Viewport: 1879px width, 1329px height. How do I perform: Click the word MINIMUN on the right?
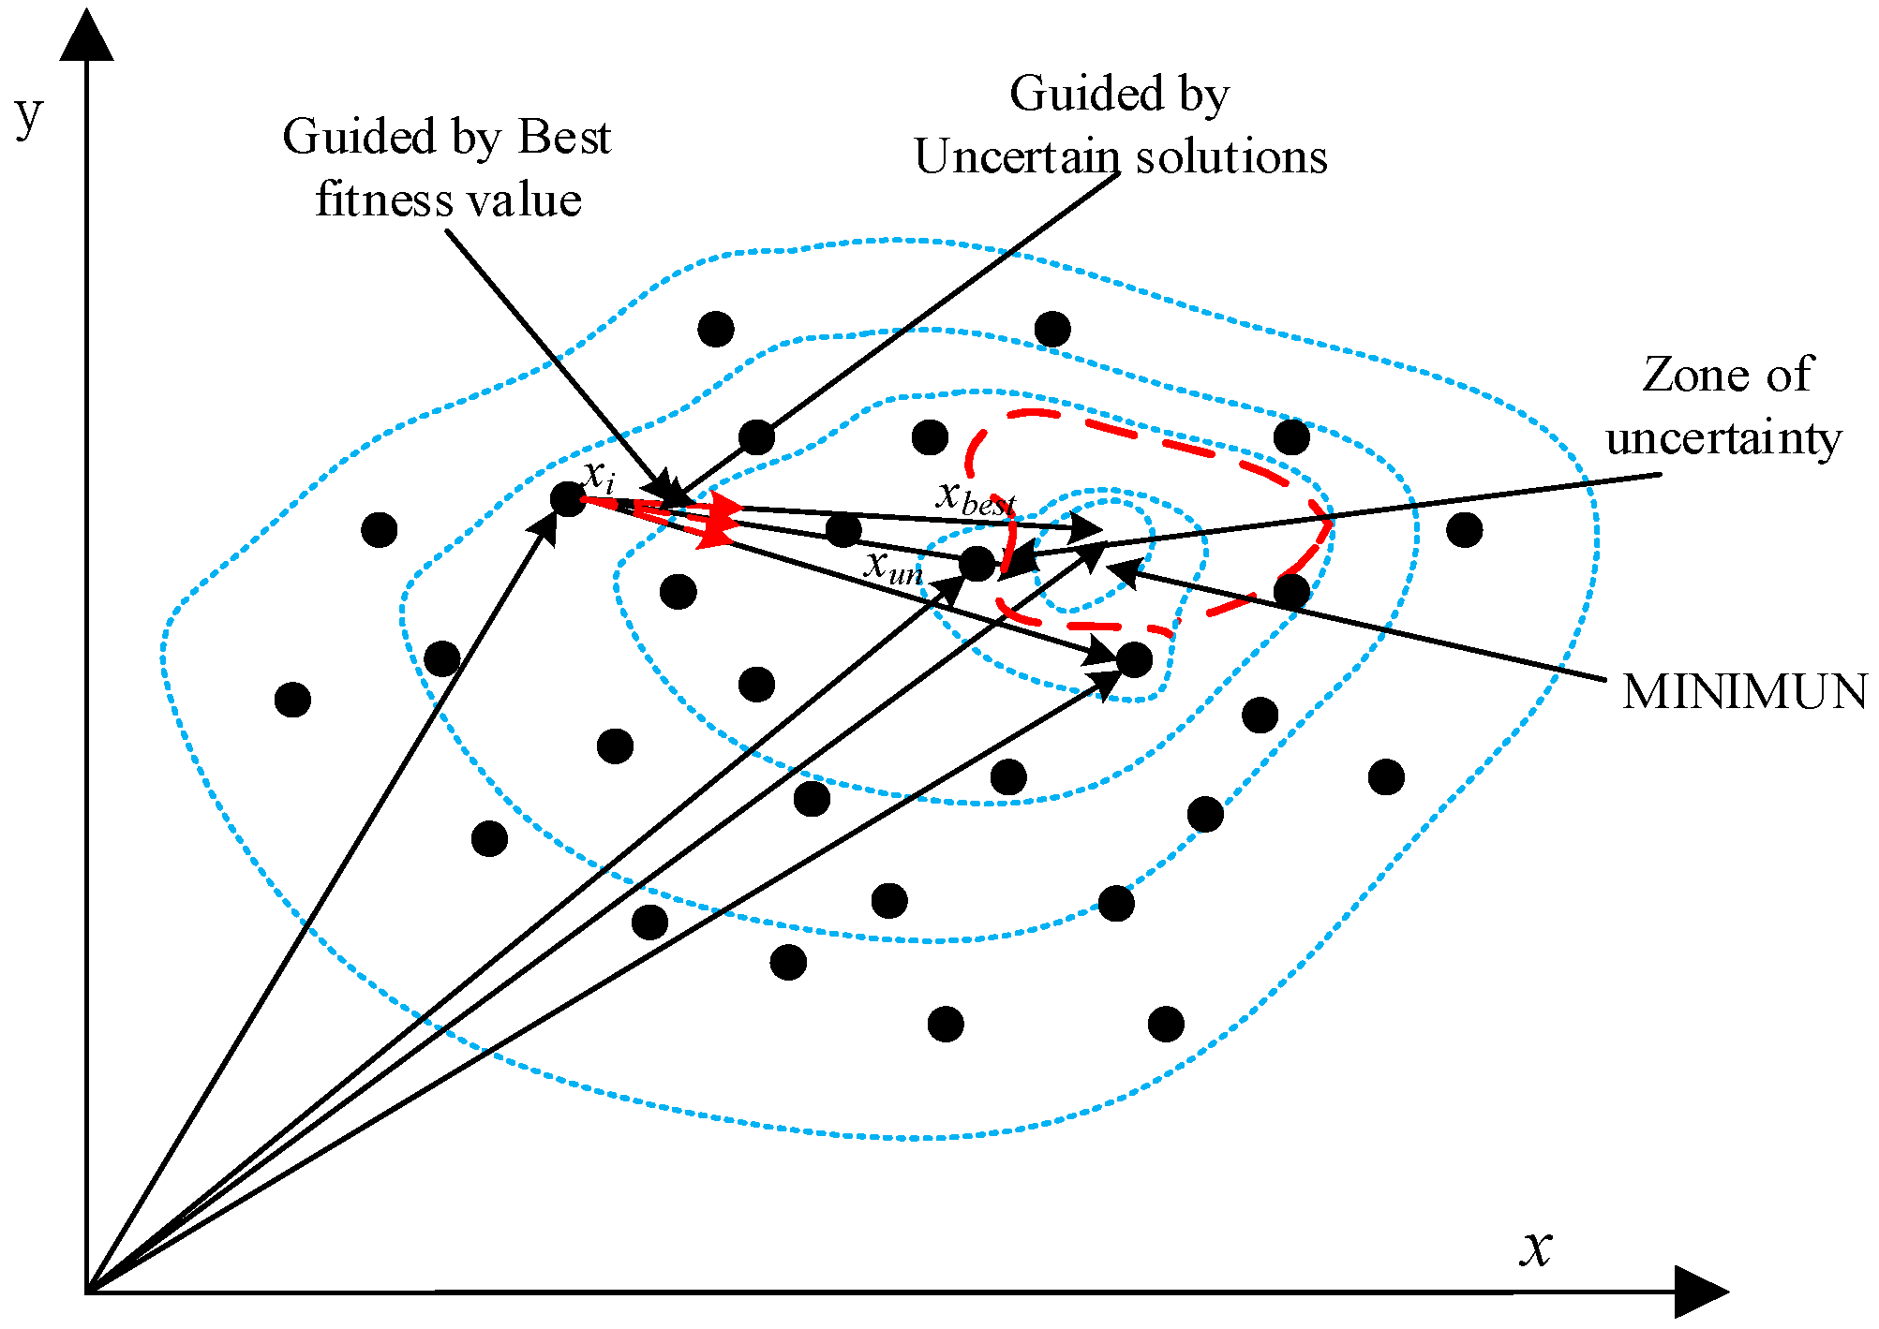coord(1743,692)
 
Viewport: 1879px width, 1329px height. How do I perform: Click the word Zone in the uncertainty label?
coord(1682,375)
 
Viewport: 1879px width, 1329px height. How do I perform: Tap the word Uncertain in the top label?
coord(1017,156)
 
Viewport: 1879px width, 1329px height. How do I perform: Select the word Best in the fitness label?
coord(564,138)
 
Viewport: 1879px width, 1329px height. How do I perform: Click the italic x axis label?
coord(1536,1248)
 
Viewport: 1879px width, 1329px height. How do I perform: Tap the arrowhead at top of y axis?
coord(86,36)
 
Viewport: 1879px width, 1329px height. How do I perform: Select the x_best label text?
coord(976,498)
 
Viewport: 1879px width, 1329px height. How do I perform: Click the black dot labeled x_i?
coord(567,499)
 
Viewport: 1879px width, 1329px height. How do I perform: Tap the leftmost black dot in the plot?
coord(292,700)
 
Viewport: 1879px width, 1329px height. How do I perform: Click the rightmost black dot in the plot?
coord(1464,530)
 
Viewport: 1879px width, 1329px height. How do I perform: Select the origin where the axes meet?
coord(86,1292)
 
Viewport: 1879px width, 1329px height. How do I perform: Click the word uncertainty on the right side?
coord(1722,438)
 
